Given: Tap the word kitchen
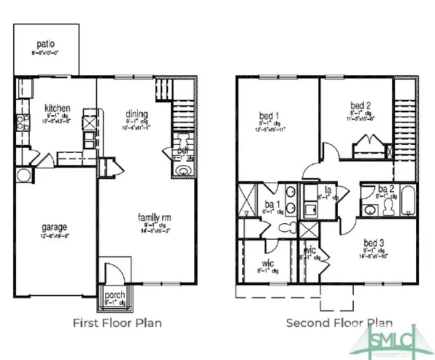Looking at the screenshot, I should point(56,106).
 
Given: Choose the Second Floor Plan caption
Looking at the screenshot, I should point(339,322).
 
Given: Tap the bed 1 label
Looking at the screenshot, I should point(270,116).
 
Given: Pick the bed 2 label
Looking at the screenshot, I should point(359,104).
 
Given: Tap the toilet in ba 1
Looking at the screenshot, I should point(288,228).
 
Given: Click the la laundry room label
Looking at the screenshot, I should point(328,191).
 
